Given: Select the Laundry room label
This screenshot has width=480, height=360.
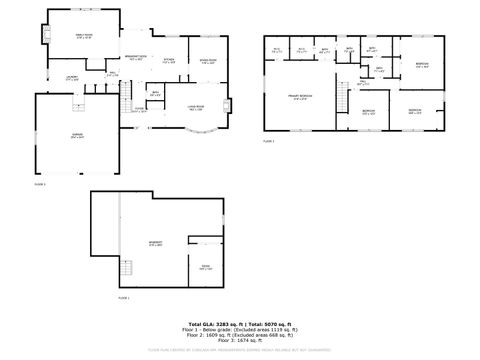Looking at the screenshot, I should (72, 78).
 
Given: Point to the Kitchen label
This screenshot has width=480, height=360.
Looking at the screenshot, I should (169, 61).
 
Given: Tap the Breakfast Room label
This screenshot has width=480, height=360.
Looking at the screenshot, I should (135, 58).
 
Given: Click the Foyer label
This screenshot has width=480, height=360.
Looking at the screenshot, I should (139, 110).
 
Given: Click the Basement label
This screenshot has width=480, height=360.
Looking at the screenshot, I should (157, 244).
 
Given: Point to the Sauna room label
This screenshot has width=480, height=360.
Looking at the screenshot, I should (204, 268).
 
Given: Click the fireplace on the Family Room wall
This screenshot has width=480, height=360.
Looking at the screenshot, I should (45, 36).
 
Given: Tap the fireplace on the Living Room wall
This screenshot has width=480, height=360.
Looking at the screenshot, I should (229, 104).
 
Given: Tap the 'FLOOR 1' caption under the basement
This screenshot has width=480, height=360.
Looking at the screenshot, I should (124, 298).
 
